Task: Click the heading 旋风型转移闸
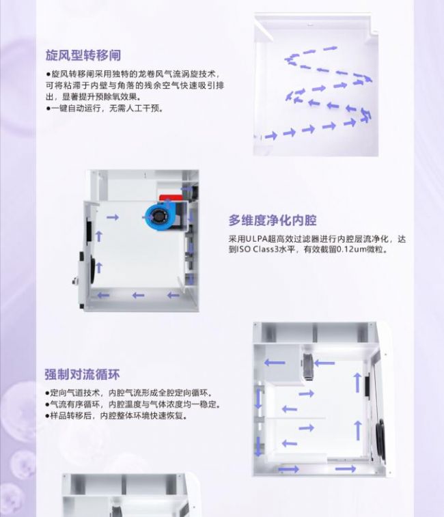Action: pos(83,55)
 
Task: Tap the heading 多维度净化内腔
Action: pos(273,220)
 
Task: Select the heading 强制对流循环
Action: pos(82,374)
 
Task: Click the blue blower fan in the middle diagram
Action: pos(158,216)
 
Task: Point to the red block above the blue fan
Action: pos(171,197)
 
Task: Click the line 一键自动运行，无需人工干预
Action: pos(105,108)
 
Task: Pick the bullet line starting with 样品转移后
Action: pos(117,415)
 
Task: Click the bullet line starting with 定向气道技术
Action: pos(129,393)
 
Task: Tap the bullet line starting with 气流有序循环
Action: pos(133,404)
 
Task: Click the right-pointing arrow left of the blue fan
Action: pos(113,217)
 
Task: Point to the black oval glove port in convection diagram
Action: pos(380,438)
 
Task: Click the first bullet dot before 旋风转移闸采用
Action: pos(48,74)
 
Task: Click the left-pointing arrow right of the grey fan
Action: pos(324,363)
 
